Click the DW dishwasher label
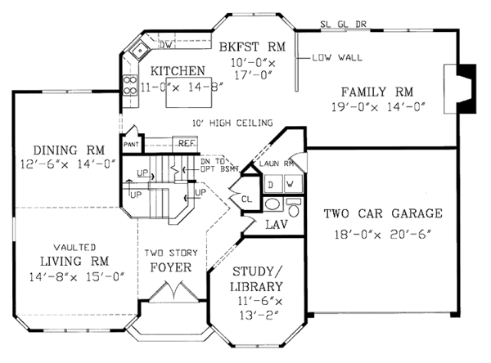tap(165, 45)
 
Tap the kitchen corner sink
tap(140, 50)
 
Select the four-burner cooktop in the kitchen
tap(130, 85)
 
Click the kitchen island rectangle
tap(189, 92)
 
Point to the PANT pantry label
tap(131, 145)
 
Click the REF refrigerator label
tap(187, 143)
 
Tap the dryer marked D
tap(273, 184)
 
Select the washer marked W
tap(293, 184)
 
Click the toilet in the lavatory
tap(294, 207)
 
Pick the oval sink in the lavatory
tap(273, 204)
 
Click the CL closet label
tap(247, 199)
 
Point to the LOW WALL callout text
tap(337, 57)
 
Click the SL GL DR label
tap(343, 24)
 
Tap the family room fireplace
tap(460, 88)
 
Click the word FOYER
tap(171, 267)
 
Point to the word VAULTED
tap(74, 248)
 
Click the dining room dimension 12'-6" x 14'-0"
tap(68, 164)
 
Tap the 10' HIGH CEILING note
tap(232, 123)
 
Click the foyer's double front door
tap(173, 292)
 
